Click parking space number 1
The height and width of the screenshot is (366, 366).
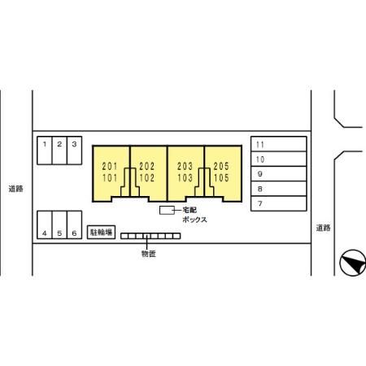(x=45, y=150)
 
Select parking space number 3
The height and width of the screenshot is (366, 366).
(x=74, y=150)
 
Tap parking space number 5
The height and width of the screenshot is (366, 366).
(x=59, y=224)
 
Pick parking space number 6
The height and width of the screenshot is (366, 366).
(x=74, y=224)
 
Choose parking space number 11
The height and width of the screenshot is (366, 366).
(x=279, y=144)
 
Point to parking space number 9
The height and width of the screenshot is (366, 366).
(x=279, y=174)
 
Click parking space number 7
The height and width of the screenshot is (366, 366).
(x=279, y=203)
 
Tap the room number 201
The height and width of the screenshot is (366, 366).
(x=110, y=166)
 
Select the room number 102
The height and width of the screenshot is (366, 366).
(x=147, y=178)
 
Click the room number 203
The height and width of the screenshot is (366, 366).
(x=185, y=166)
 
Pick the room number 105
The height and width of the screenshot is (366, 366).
(x=221, y=178)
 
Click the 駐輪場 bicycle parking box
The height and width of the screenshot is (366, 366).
(x=101, y=232)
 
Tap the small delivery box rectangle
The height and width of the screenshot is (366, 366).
(x=167, y=210)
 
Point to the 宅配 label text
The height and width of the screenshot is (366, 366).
(x=190, y=210)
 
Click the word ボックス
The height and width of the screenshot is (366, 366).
(x=194, y=220)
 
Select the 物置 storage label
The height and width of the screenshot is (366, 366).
(x=149, y=254)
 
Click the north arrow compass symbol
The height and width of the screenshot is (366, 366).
(x=352, y=263)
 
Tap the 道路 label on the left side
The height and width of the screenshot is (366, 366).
(x=15, y=189)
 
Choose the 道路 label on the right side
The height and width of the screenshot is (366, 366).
(x=323, y=228)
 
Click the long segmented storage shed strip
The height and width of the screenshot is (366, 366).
(x=150, y=236)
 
